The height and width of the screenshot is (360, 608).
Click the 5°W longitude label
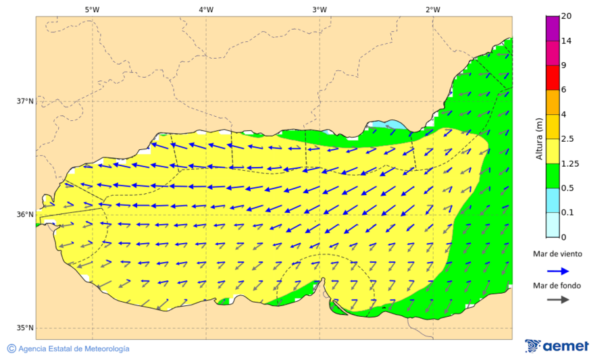[x=92, y=9]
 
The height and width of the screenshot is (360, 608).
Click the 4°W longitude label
[x=206, y=9]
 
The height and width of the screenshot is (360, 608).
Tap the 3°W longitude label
[x=320, y=9]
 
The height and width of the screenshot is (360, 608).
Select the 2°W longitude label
[x=433, y=9]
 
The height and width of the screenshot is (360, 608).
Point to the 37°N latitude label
[x=25, y=101]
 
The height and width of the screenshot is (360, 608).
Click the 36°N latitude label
[x=25, y=215]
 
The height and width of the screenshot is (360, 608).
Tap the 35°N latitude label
[x=25, y=328]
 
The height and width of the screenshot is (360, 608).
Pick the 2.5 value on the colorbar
[x=567, y=139]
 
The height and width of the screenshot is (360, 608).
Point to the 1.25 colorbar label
[x=569, y=163]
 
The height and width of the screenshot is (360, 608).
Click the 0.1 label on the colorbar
[x=567, y=213]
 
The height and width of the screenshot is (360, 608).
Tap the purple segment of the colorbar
[x=552, y=28]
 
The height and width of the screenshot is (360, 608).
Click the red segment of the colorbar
[x=552, y=78]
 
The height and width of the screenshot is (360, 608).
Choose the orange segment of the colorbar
[x=552, y=102]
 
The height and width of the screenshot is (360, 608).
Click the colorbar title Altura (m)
[x=539, y=138]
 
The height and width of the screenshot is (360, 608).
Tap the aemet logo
[x=557, y=346]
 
